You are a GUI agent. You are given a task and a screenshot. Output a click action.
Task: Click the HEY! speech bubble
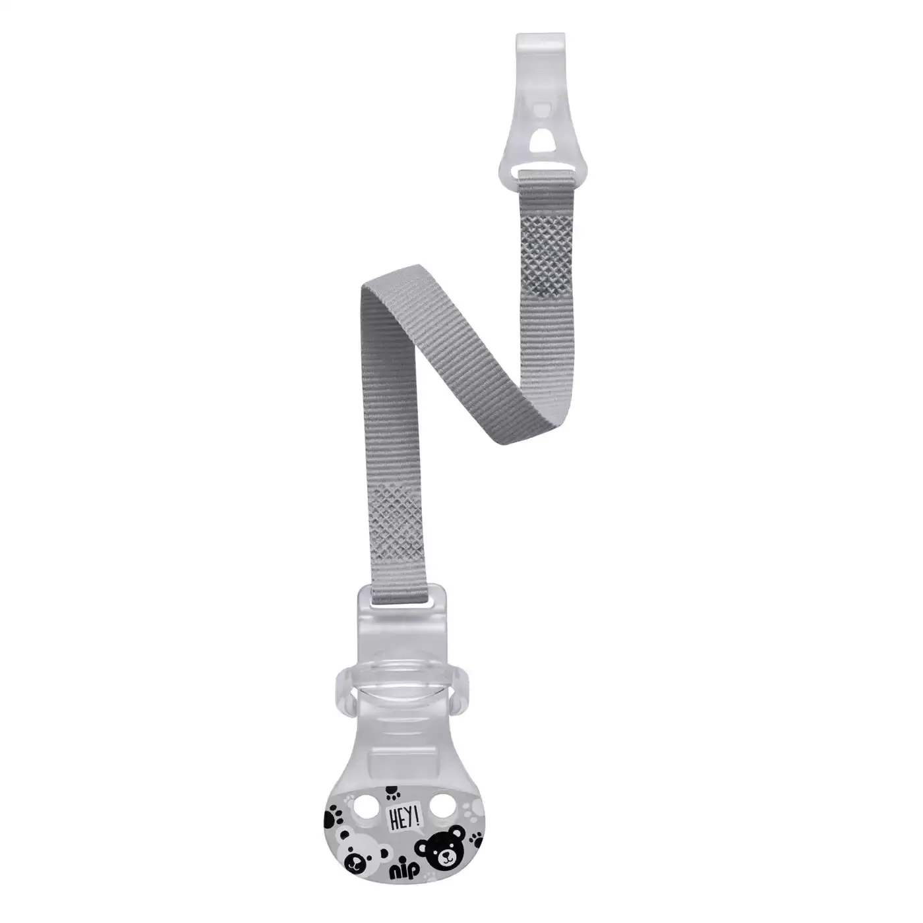pos(403,805)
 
